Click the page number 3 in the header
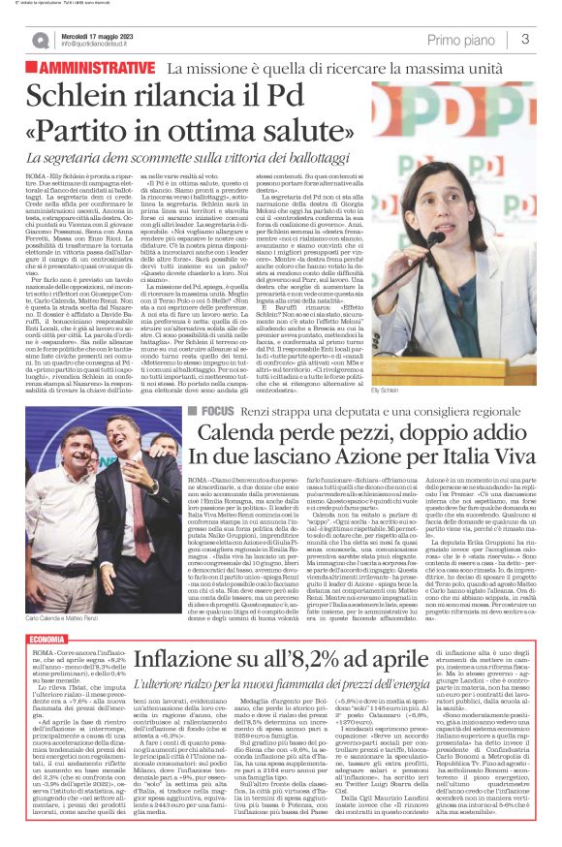coord(524,40)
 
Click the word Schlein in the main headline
coord(81,97)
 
